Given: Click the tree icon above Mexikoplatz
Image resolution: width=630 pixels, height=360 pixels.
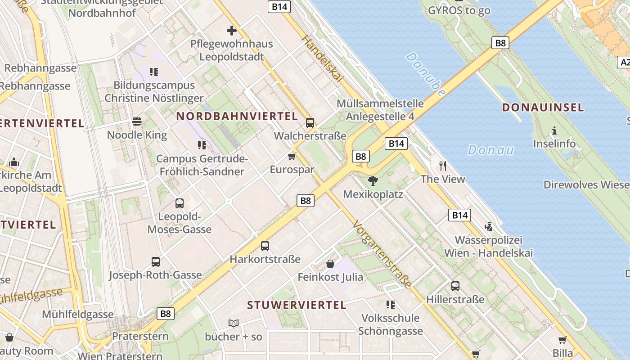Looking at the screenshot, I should coord(373,181).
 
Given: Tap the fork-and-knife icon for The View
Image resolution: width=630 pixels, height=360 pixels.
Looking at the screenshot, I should coord(443,166).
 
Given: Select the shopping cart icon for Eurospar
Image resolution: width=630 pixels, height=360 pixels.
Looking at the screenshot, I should coord(292,156).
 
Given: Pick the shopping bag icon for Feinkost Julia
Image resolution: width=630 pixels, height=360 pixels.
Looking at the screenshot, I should coord(330,263).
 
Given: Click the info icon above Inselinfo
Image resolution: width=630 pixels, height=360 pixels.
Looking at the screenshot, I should coord(554,130).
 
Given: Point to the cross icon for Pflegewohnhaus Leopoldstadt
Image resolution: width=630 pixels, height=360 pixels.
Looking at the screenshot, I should coord(232,31).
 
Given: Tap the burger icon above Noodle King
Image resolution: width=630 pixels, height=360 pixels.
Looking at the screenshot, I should coord(137,121).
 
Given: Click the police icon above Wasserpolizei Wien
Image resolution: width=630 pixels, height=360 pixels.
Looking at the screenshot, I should coord(488,226).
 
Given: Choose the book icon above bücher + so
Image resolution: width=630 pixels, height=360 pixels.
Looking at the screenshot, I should coord(233,323).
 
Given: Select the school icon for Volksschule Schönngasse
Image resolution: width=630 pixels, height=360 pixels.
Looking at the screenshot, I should coord(390,305).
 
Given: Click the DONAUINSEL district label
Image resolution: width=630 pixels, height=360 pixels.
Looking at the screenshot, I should coord(543,108).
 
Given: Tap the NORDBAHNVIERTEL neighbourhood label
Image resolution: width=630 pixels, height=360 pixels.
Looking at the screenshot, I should coord(237,116).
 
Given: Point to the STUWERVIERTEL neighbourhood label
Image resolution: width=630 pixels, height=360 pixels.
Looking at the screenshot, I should coord(297,305).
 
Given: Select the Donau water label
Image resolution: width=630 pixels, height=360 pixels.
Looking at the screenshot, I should coord(490,150).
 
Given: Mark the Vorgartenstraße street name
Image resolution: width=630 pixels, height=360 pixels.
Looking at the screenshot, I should coord(382,254).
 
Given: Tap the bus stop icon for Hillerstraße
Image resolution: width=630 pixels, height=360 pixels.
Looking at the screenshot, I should coord(455,286).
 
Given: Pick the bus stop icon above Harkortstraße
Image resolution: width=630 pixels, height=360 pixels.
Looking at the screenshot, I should coord(265,246).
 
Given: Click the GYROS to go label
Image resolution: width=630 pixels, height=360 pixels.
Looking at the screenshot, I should coord(459,10).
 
